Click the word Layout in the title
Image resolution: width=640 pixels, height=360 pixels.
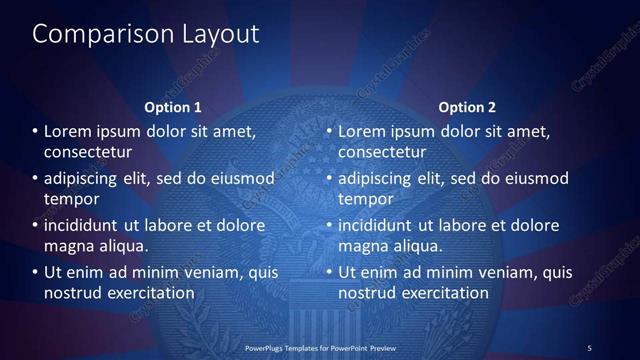(216, 35)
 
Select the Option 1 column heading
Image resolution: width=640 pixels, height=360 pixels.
(173, 107)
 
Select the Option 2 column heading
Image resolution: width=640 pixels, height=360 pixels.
(467, 107)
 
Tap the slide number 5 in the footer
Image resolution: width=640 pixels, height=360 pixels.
(589, 347)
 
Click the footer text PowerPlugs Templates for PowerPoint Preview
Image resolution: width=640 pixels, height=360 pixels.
(320, 347)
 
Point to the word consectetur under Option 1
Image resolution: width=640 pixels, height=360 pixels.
(88, 152)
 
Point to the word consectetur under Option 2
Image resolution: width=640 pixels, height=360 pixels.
(382, 152)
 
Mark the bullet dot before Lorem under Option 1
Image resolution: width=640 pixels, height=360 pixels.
(36, 132)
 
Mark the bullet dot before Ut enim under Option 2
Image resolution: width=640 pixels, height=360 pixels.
(330, 272)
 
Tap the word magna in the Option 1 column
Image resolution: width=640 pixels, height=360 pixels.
(69, 245)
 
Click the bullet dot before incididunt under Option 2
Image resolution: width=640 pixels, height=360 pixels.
(330, 225)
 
